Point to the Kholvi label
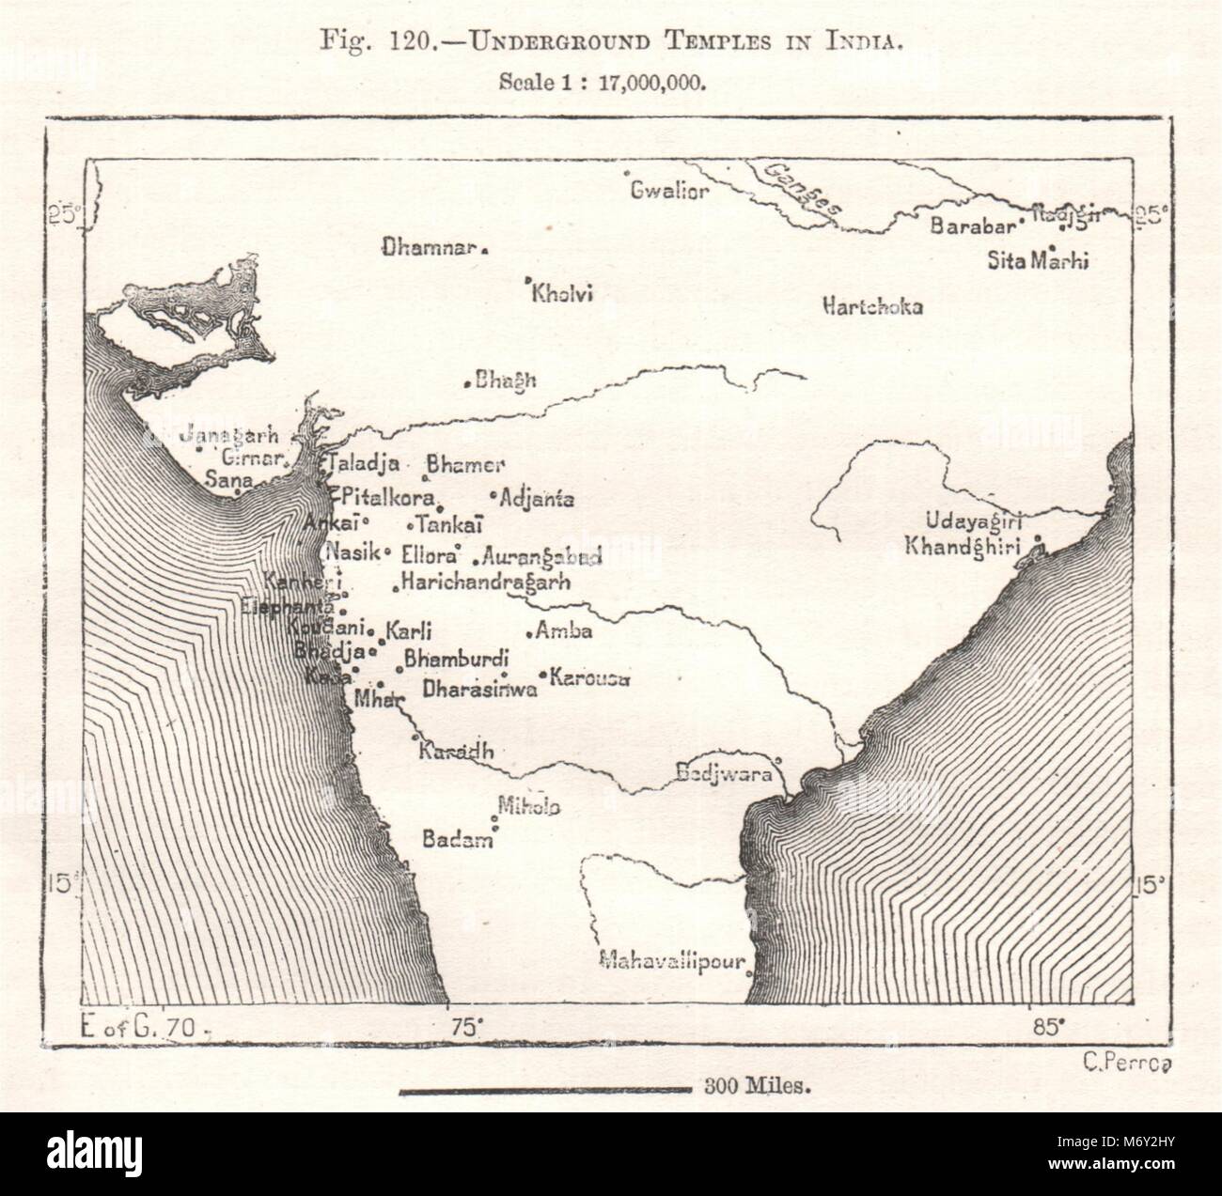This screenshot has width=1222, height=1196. [x=562, y=295]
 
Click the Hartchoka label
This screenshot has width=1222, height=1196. [x=872, y=306]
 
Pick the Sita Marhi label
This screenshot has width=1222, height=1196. [x=1038, y=259]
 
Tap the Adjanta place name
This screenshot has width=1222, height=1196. [x=539, y=499]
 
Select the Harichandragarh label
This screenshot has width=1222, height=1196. [x=485, y=582]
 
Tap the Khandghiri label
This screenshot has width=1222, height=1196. [x=962, y=545]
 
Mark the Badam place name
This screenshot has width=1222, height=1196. [x=457, y=840]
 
